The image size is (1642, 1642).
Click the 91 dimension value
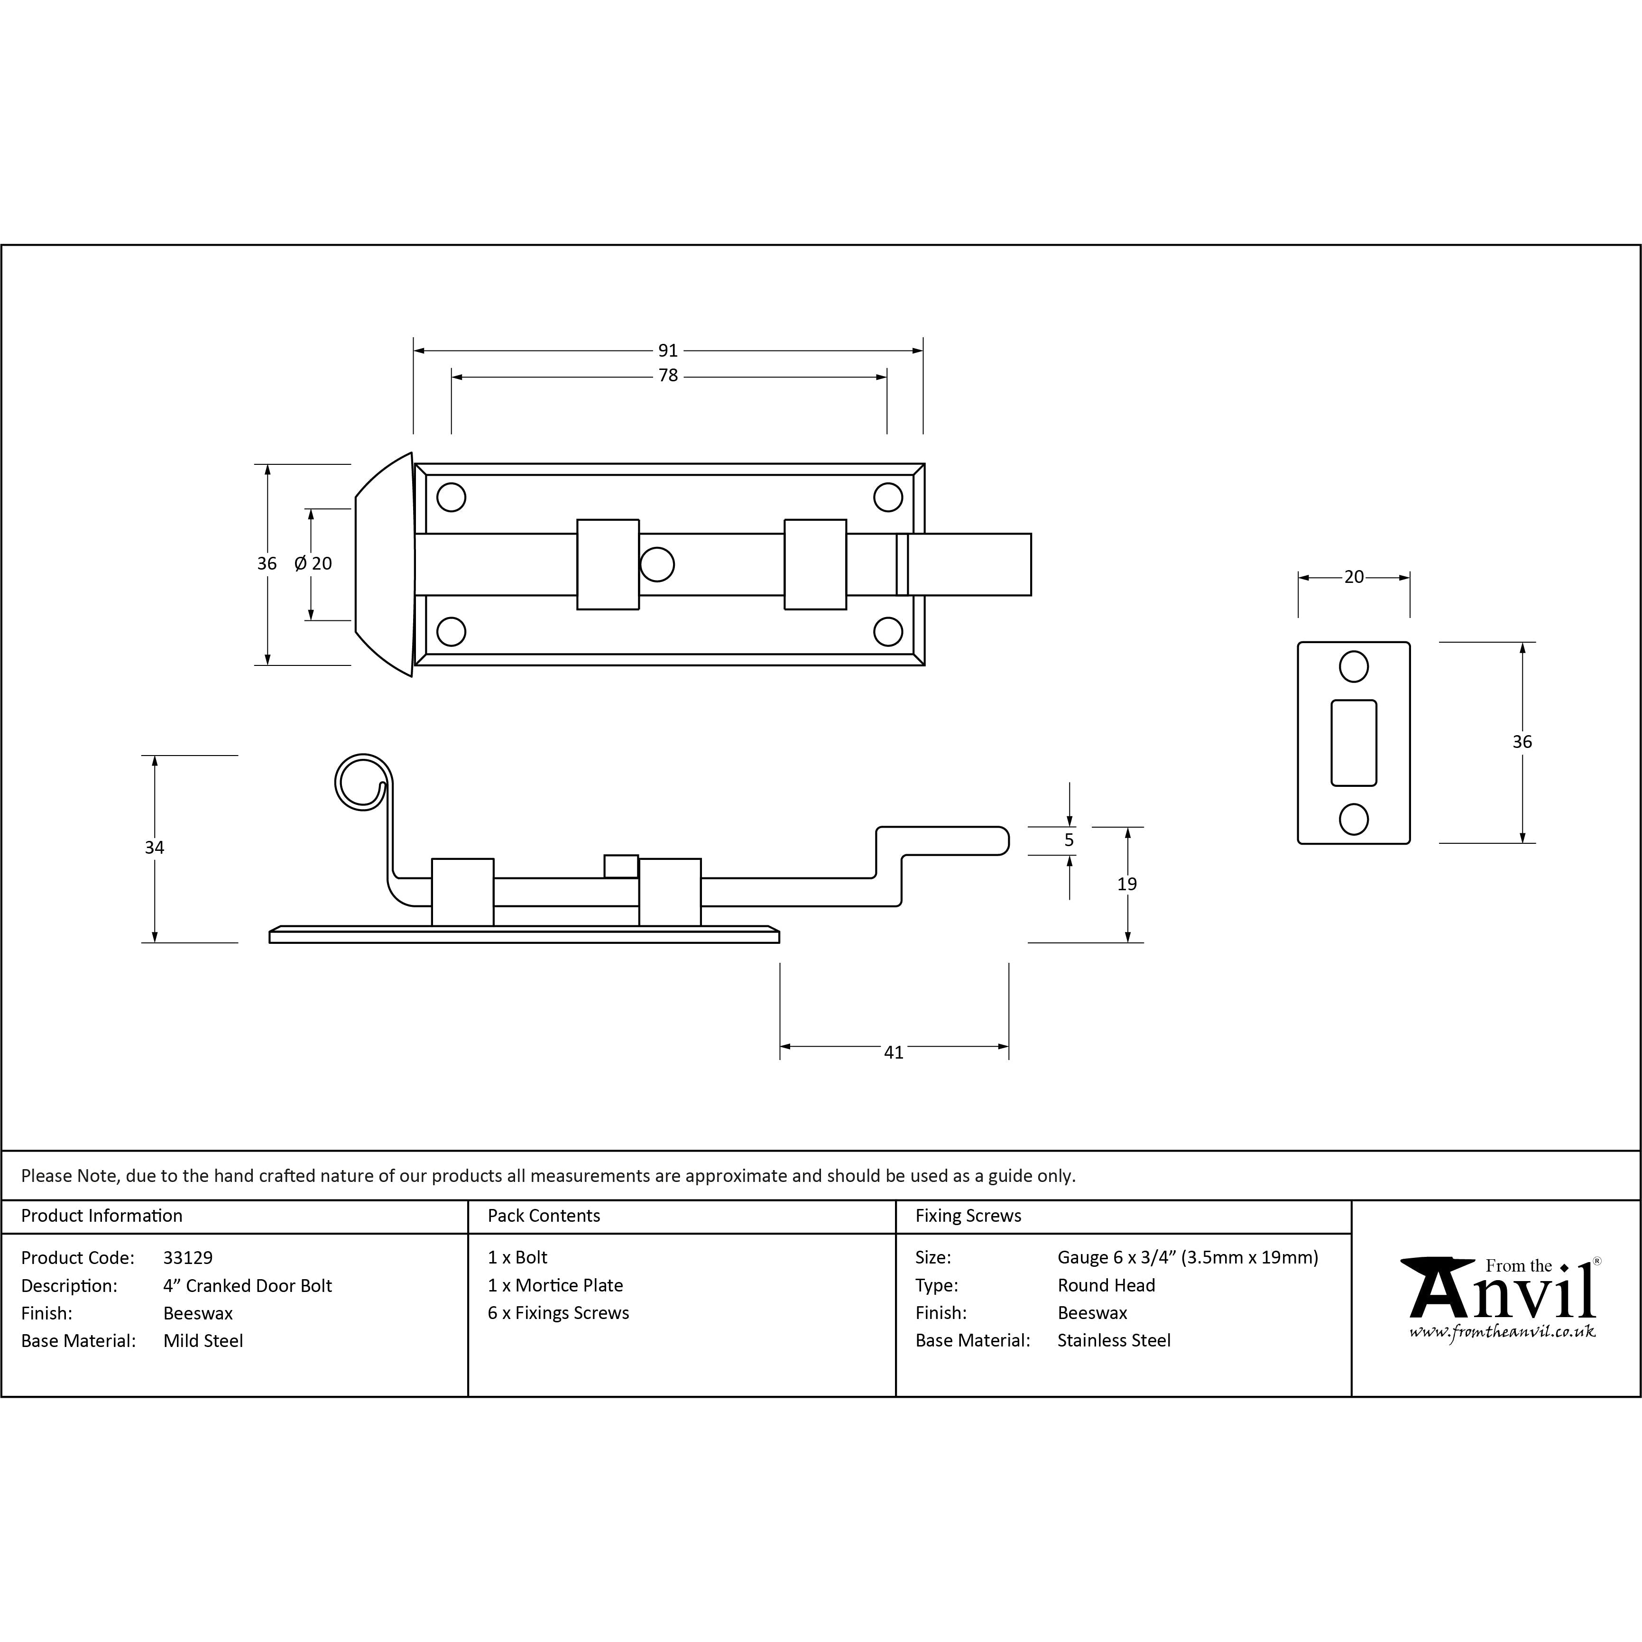[668, 350]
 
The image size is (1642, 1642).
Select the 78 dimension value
[668, 376]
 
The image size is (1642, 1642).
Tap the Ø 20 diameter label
[313, 563]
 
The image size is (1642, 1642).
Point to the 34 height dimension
[154, 848]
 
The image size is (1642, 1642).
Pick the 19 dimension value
[1127, 885]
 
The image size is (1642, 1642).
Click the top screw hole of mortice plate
[1354, 667]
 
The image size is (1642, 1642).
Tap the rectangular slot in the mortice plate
[1354, 743]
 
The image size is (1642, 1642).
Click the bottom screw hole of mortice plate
[1354, 819]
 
